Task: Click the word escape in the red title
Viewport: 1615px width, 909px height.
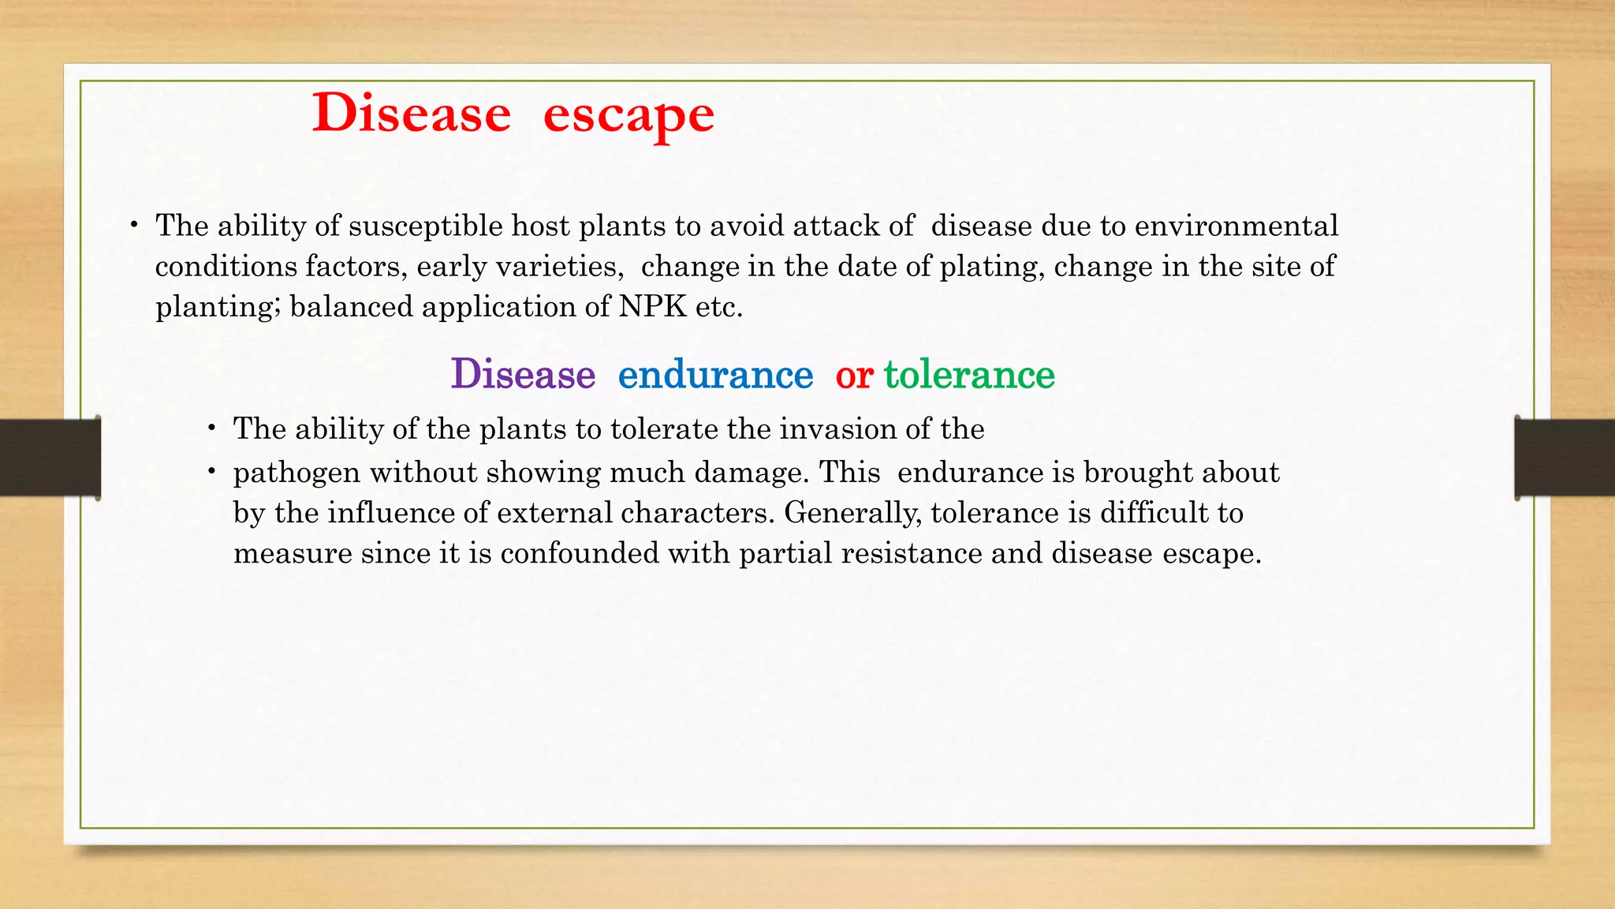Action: click(x=628, y=115)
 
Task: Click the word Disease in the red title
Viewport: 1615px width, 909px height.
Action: click(x=411, y=114)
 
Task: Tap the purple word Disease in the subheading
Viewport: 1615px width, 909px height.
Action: click(x=523, y=374)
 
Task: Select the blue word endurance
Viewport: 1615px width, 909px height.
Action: click(x=715, y=374)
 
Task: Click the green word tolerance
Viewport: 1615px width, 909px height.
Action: click(x=969, y=374)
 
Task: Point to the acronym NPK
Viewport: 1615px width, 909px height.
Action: click(x=652, y=306)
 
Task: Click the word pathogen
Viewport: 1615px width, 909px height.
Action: click(x=297, y=473)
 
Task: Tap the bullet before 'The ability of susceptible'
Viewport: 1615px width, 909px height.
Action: click(x=135, y=226)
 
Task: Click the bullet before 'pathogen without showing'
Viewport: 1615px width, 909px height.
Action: click(x=212, y=472)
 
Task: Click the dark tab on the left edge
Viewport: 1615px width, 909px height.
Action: click(x=50, y=458)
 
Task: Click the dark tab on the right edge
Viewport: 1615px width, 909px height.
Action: click(x=1565, y=458)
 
